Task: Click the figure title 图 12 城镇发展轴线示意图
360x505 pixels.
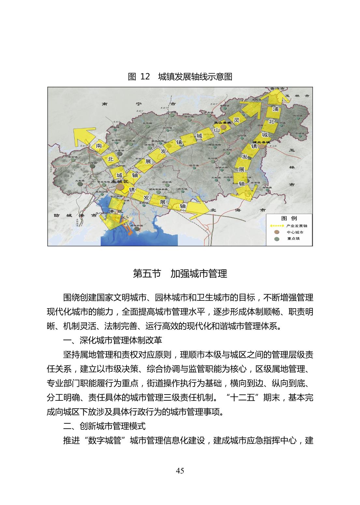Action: click(x=180, y=77)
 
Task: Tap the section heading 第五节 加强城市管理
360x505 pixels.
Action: click(x=180, y=273)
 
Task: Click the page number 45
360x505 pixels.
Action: click(x=180, y=470)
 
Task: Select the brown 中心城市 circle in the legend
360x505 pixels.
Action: click(x=277, y=232)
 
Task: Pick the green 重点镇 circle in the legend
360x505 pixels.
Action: click(x=277, y=239)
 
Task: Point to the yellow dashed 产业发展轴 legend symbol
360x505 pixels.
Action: click(x=277, y=225)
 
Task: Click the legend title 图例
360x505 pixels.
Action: click(x=289, y=218)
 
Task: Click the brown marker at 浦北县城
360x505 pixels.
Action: click(x=261, y=146)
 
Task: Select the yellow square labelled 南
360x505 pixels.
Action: click(x=99, y=147)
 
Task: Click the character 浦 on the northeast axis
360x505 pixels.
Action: click(x=276, y=109)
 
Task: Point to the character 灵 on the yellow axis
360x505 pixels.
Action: click(x=237, y=120)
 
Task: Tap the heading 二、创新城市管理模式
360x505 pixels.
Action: click(x=104, y=426)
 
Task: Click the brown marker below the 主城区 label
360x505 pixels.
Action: click(x=120, y=187)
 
